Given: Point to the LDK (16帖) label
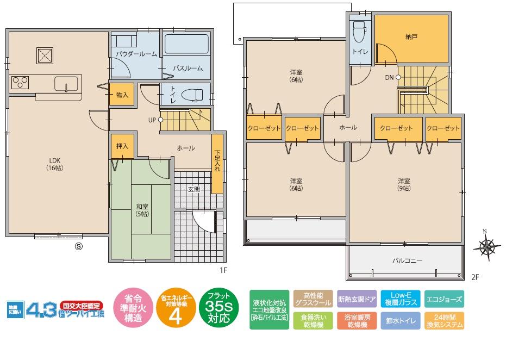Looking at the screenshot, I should tap(54, 164).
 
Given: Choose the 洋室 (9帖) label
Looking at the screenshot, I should tap(403, 184).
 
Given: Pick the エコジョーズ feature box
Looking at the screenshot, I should tap(443, 299).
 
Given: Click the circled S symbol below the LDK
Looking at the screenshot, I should tap(78, 246).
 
